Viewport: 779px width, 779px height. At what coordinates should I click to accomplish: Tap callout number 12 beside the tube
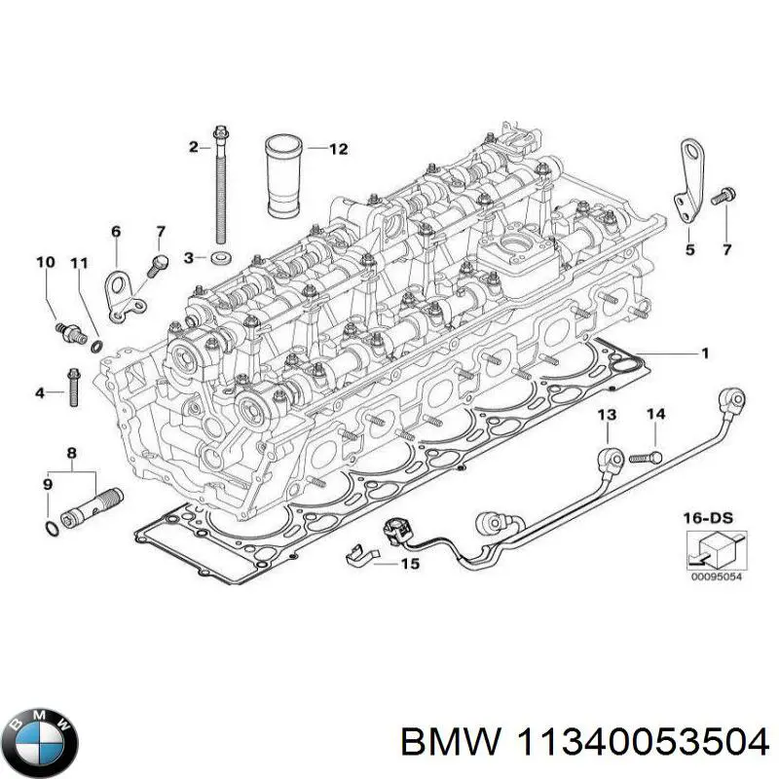[x=337, y=149]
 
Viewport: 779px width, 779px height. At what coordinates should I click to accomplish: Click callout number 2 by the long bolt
[x=193, y=147]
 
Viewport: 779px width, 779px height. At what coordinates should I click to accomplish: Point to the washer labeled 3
[x=221, y=258]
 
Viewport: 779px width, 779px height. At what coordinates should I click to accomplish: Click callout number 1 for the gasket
[x=705, y=352]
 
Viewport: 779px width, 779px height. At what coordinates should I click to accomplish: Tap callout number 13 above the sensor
[x=607, y=416]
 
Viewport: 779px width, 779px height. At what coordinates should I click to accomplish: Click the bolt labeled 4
[x=72, y=388]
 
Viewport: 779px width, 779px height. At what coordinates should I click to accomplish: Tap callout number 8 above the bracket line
[x=70, y=453]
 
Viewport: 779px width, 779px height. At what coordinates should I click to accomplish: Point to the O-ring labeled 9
[x=51, y=528]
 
